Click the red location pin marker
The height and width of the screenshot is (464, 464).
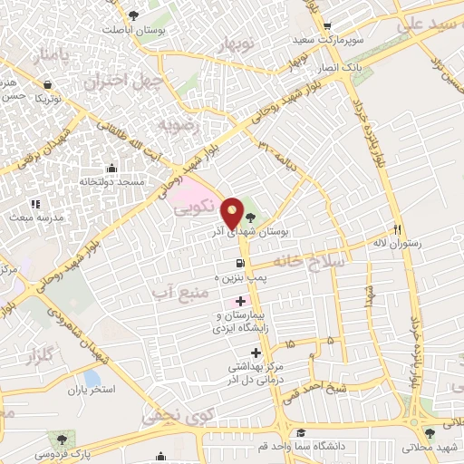pos(233,213)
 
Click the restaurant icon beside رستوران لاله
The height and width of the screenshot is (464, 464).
pos(396,229)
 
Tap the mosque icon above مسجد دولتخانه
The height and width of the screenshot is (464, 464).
pos(111,168)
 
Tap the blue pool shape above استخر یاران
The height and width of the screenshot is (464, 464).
pos(92,377)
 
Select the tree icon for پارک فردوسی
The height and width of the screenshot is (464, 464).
pos(62,438)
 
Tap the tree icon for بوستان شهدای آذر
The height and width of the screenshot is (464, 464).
pos(250,217)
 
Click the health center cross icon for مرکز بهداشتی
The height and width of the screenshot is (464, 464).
pos(256,352)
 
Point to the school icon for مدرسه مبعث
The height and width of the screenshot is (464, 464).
pos(36,204)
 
